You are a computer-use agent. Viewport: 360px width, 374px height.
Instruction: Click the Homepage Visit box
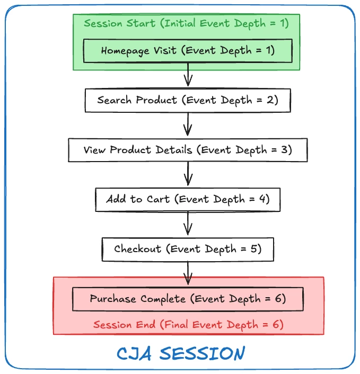tap(188, 51)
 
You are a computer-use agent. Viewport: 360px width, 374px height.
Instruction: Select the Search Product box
tap(188, 100)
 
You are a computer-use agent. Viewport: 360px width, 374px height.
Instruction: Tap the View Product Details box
tap(188, 150)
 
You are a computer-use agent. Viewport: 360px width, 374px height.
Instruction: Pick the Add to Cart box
tap(188, 200)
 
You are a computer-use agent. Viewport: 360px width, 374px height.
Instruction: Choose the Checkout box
tap(188, 249)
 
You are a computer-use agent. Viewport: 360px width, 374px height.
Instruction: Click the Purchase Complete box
tap(188, 299)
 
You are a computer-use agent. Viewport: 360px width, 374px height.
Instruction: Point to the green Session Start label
tap(186, 23)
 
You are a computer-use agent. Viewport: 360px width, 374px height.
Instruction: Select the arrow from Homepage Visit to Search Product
tap(188, 75)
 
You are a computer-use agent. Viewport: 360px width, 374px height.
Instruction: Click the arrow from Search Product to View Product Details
tap(188, 125)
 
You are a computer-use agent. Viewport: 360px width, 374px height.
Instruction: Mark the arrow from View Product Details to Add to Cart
tap(188, 175)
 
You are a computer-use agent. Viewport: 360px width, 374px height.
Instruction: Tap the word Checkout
tap(137, 249)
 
